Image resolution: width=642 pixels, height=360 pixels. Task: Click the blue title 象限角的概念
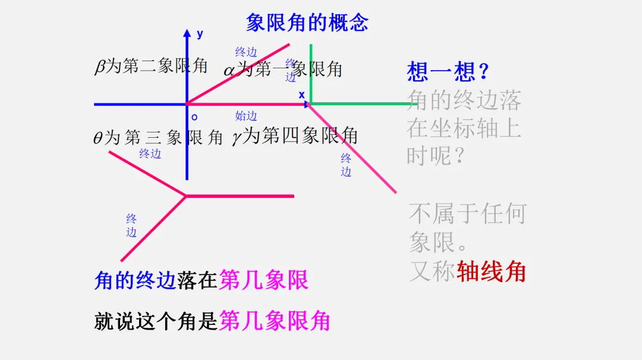[x=307, y=23]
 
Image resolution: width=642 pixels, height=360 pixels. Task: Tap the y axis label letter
[x=200, y=34]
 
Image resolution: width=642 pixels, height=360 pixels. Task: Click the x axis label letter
[x=301, y=95]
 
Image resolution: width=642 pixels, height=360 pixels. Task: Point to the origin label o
[x=194, y=117]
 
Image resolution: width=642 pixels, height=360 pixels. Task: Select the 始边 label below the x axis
[x=246, y=116]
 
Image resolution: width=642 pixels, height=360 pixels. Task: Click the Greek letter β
[x=99, y=67]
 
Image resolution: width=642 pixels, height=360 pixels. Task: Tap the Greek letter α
[x=229, y=71]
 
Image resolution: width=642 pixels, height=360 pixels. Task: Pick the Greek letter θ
[x=98, y=138]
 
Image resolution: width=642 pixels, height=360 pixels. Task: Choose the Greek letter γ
[x=237, y=138]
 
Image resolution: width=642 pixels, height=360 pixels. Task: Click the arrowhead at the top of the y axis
[x=187, y=33]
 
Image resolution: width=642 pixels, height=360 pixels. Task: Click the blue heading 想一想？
[x=448, y=72]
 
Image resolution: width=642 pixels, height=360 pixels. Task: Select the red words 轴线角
[x=491, y=271]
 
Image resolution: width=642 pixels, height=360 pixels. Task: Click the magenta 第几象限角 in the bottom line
[x=274, y=321]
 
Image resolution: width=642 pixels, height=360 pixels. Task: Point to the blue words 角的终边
[x=135, y=280]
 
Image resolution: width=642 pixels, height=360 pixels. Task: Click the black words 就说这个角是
[x=156, y=321]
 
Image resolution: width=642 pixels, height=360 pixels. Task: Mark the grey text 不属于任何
[x=467, y=213]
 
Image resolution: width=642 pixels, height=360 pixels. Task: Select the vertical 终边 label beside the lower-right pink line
[x=346, y=165]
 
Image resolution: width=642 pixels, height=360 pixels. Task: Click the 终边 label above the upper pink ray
[x=246, y=52]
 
